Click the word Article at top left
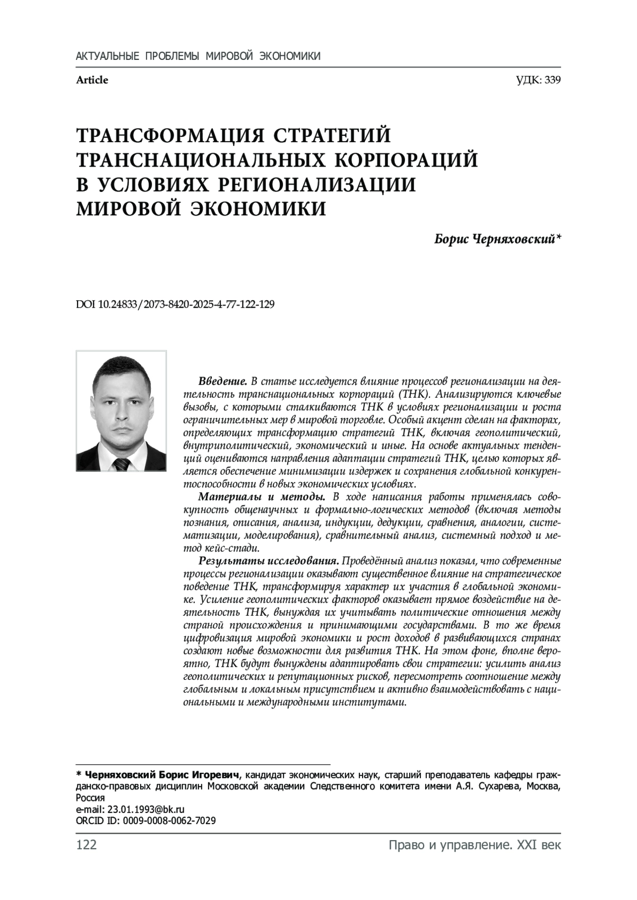pos(92,80)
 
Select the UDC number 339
pos(553,80)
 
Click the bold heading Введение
pos(222,381)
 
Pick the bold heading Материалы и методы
pos(262,497)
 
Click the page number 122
pos(87,845)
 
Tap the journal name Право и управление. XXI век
pos(475,845)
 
